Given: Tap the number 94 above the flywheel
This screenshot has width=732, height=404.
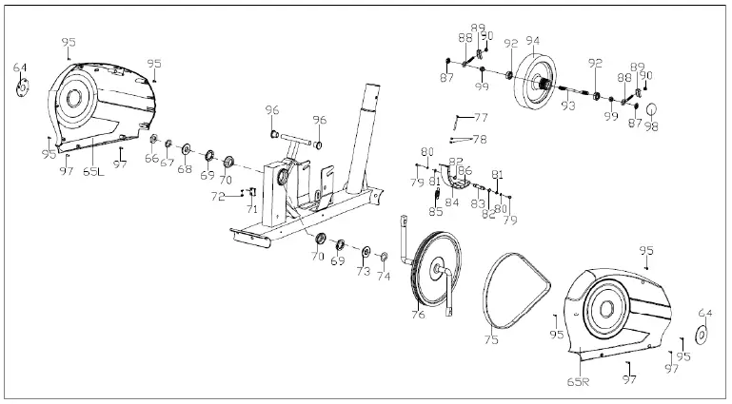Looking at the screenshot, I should [532, 42].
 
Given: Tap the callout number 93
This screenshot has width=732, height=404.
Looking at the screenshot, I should [567, 106].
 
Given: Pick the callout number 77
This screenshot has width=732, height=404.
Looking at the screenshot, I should [481, 118].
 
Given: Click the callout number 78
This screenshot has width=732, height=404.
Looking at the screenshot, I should [480, 139].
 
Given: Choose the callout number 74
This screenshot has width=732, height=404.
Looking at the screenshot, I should [384, 278].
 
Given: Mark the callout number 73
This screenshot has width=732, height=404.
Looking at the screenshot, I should [362, 272].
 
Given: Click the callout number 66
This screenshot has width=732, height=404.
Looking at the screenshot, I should [151, 160].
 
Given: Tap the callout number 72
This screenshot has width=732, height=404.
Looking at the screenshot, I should [219, 197].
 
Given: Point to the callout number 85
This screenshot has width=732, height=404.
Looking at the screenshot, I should [436, 212].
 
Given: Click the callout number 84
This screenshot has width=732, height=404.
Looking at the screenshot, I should [451, 202].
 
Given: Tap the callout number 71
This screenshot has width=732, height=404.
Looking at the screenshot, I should [252, 207].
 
